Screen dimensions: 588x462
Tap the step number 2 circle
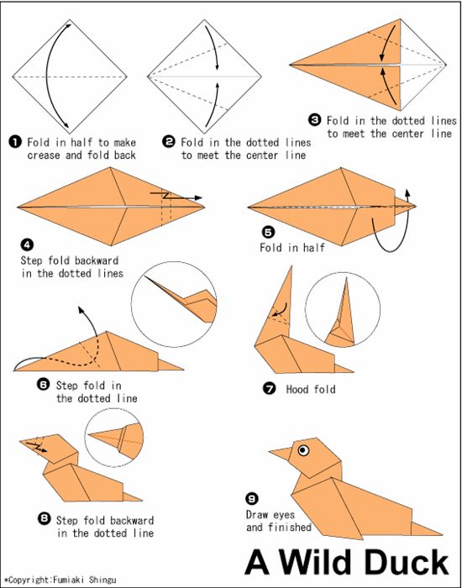pyautogui.click(x=169, y=143)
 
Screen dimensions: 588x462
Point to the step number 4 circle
pyautogui.click(x=27, y=245)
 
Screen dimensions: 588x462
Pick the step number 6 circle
pyautogui.click(x=44, y=384)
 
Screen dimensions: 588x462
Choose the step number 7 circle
pyautogui.click(x=269, y=389)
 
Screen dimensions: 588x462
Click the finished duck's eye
pyautogui.click(x=301, y=450)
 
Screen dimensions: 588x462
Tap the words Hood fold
pyautogui.click(x=311, y=390)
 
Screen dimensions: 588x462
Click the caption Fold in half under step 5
pyautogui.click(x=291, y=248)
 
